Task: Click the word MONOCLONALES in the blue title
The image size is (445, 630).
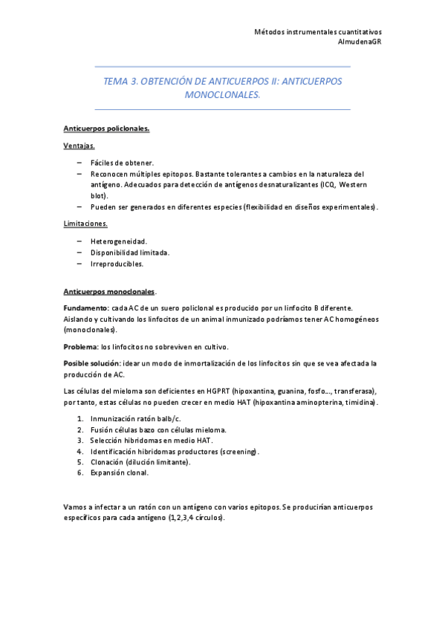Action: coord(222,95)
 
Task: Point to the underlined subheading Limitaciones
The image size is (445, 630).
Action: coord(85,224)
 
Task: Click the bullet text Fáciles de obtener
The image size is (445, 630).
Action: coord(122,162)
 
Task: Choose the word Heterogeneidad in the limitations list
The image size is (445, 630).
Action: coord(119,241)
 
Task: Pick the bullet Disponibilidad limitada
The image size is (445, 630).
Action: coord(130,253)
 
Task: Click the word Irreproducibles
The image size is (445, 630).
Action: coord(117,263)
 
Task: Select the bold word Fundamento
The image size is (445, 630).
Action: coord(86,308)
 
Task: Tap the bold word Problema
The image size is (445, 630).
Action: coord(81,347)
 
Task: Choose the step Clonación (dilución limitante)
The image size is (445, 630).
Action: coord(140,461)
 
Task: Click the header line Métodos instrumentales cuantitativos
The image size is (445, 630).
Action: coord(318,32)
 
